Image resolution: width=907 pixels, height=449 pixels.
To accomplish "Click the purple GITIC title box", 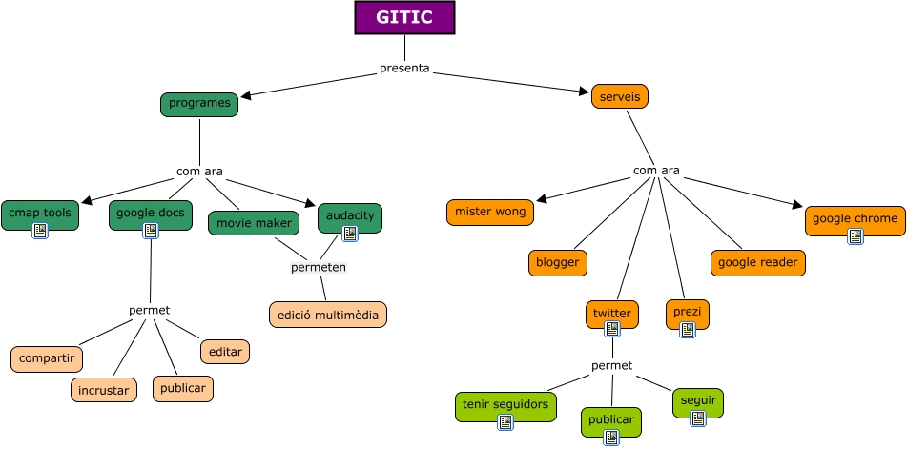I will tap(404, 18).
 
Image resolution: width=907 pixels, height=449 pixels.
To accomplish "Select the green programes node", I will tap(199, 103).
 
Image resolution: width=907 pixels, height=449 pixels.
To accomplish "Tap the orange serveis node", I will tap(620, 96).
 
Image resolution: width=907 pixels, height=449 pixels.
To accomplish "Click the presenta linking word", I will tap(404, 68).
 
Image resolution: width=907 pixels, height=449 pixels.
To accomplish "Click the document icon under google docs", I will tap(151, 231).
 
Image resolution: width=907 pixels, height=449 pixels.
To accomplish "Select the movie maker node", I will tap(254, 222).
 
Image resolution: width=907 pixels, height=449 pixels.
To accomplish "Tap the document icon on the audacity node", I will tap(350, 232).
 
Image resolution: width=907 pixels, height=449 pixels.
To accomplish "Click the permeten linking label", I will tap(319, 267).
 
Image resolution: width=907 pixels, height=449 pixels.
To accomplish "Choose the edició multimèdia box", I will tap(328, 314).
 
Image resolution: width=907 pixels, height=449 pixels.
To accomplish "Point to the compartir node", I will tap(47, 358).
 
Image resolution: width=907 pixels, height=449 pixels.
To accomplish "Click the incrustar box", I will tap(105, 389).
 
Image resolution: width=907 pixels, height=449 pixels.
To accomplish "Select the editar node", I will tap(225, 351).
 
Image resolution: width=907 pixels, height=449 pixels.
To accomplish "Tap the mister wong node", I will tap(490, 212).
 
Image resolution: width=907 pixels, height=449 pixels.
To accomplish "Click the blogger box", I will tap(558, 262).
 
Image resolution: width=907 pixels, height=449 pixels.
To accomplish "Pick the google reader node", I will tap(758, 262).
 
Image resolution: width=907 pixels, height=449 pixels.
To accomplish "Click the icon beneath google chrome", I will tap(855, 236).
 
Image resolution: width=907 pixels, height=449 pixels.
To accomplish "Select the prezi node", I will tap(687, 311).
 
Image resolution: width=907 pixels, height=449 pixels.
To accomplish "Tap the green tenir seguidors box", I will tap(505, 404).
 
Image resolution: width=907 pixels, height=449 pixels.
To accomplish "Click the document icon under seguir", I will tap(697, 418).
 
